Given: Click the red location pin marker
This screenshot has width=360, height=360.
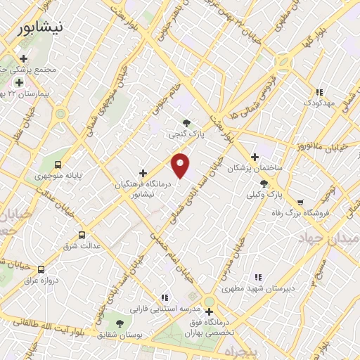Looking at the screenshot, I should tap(181, 165).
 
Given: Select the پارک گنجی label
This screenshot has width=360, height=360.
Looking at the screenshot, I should tap(186, 134).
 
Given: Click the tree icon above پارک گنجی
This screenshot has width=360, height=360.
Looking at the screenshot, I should tap(186, 123).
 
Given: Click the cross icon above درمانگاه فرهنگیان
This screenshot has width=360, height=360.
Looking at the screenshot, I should tap(143, 172).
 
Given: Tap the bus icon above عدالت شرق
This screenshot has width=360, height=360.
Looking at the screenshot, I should tap(82, 235).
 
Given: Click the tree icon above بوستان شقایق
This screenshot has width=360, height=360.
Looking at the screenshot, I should tap(120, 323).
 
